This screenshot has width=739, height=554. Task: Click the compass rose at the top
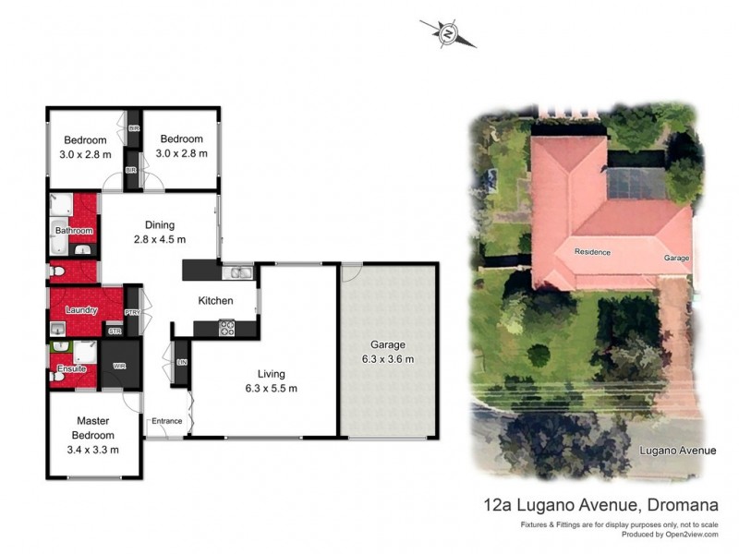(x=448, y=33)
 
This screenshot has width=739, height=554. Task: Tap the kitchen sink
(x=238, y=271)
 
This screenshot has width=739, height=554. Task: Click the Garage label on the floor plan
(x=388, y=345)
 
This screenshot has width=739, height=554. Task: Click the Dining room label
(x=159, y=224)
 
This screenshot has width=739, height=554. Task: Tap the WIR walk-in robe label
(x=118, y=367)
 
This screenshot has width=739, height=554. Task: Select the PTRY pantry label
(x=132, y=312)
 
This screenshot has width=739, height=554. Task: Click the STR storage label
(x=115, y=331)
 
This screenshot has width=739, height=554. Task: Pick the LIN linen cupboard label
(x=180, y=362)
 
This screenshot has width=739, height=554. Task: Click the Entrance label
(x=167, y=421)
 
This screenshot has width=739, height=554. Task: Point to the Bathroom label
(x=74, y=230)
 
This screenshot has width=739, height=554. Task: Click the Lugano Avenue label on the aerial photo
(x=679, y=451)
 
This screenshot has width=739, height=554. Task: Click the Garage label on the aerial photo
(x=675, y=259)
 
